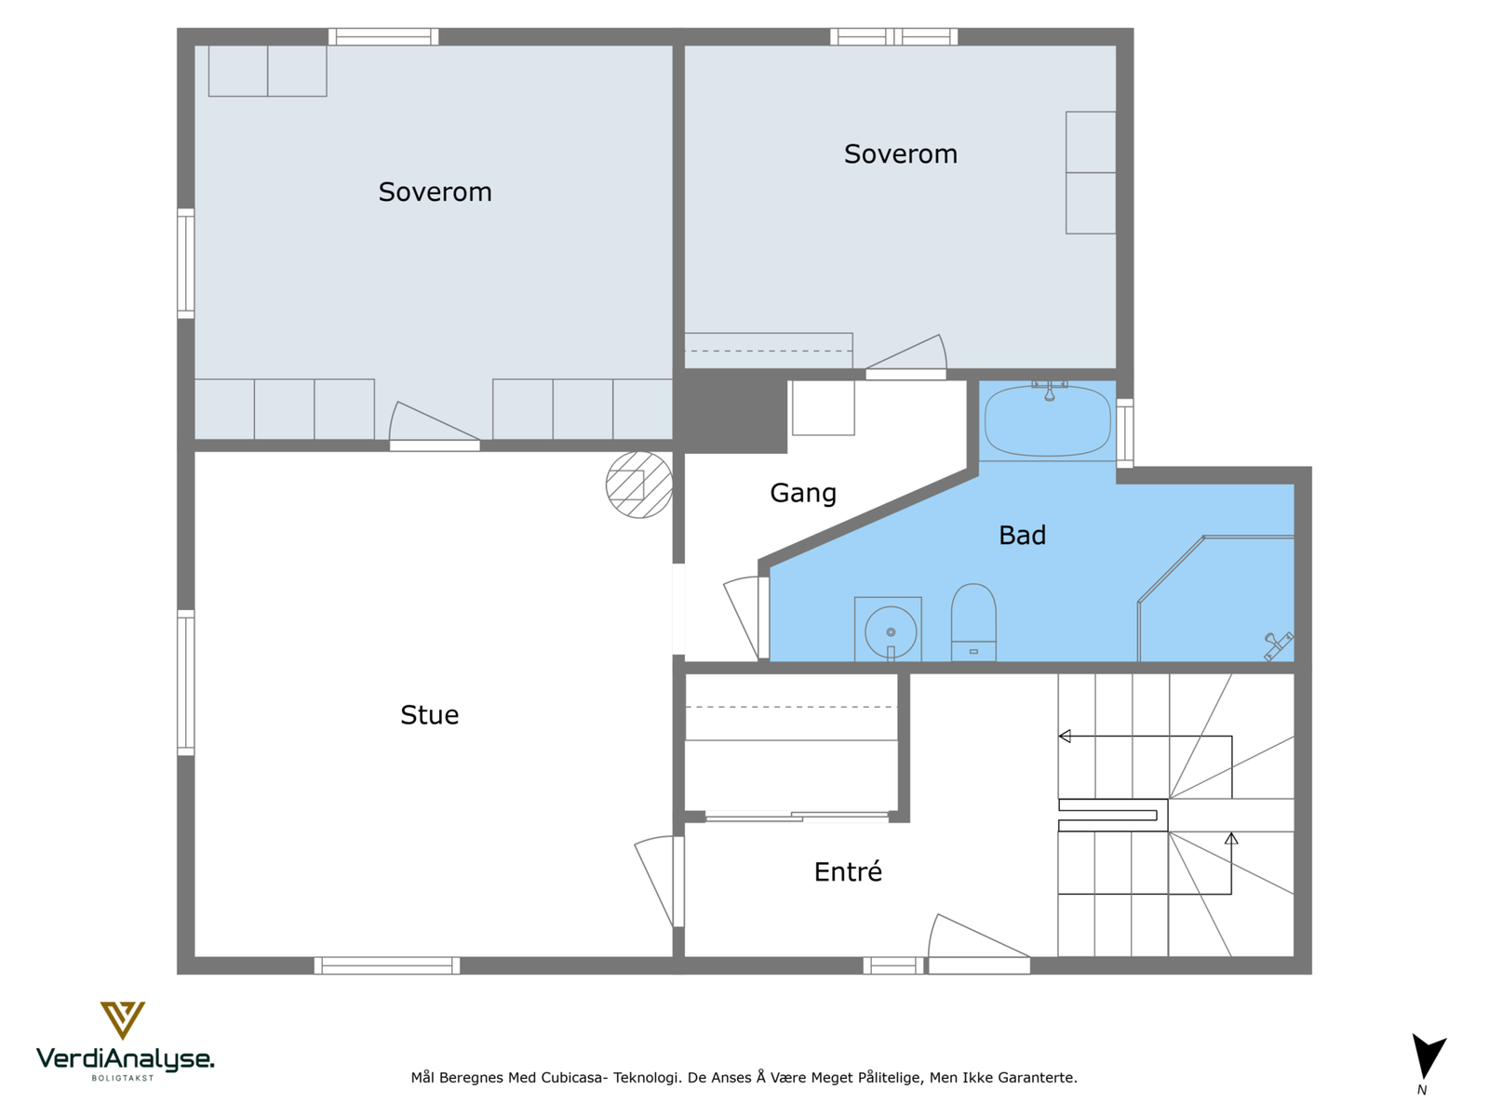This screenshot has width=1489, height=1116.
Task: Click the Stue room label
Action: (x=429, y=715)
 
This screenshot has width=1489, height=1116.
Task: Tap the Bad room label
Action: (x=1022, y=536)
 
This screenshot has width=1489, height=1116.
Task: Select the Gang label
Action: (x=802, y=493)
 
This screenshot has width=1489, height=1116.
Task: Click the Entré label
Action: (x=848, y=870)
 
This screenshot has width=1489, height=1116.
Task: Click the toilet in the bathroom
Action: (x=973, y=622)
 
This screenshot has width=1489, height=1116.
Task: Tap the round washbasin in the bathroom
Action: (x=890, y=632)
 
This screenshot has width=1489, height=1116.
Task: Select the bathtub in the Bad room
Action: (x=1048, y=420)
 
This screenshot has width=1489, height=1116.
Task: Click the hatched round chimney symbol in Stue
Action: (x=639, y=485)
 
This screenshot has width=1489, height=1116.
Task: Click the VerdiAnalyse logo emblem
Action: (x=122, y=1020)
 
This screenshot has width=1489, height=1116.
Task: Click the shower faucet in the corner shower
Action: (x=1278, y=645)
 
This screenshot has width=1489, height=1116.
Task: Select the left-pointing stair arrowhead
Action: (x=1065, y=736)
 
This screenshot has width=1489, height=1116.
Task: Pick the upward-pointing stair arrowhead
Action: (x=1231, y=838)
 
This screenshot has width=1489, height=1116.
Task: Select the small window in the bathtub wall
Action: (x=1125, y=433)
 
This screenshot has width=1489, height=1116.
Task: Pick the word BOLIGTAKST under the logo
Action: (x=123, y=1078)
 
